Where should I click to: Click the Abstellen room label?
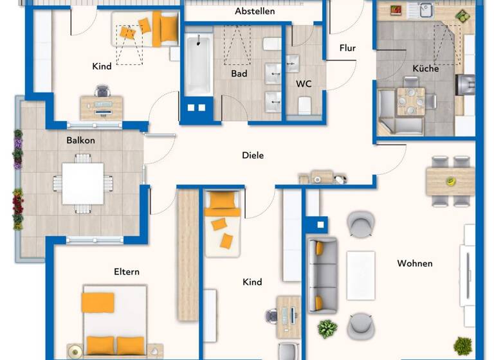coord(255,11)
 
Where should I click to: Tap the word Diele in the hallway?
coord(253,155)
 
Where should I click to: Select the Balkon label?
coord(80,140)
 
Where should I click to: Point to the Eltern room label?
coord(126,271)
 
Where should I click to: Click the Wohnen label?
coord(414,263)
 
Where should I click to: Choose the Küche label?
coord(425,68)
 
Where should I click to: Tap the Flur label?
coord(347,48)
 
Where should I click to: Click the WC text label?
coord(304,84)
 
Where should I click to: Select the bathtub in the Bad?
coord(198,65)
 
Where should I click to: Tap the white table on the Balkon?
coord(83,183)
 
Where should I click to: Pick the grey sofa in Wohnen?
coord(322,274)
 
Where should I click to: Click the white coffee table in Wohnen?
coord(360,275)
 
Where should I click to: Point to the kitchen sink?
coord(426,10)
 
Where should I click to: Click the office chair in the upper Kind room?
coord(102,91)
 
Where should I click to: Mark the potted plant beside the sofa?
coord(327,328)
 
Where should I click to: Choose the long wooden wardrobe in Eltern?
coord(188,254)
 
